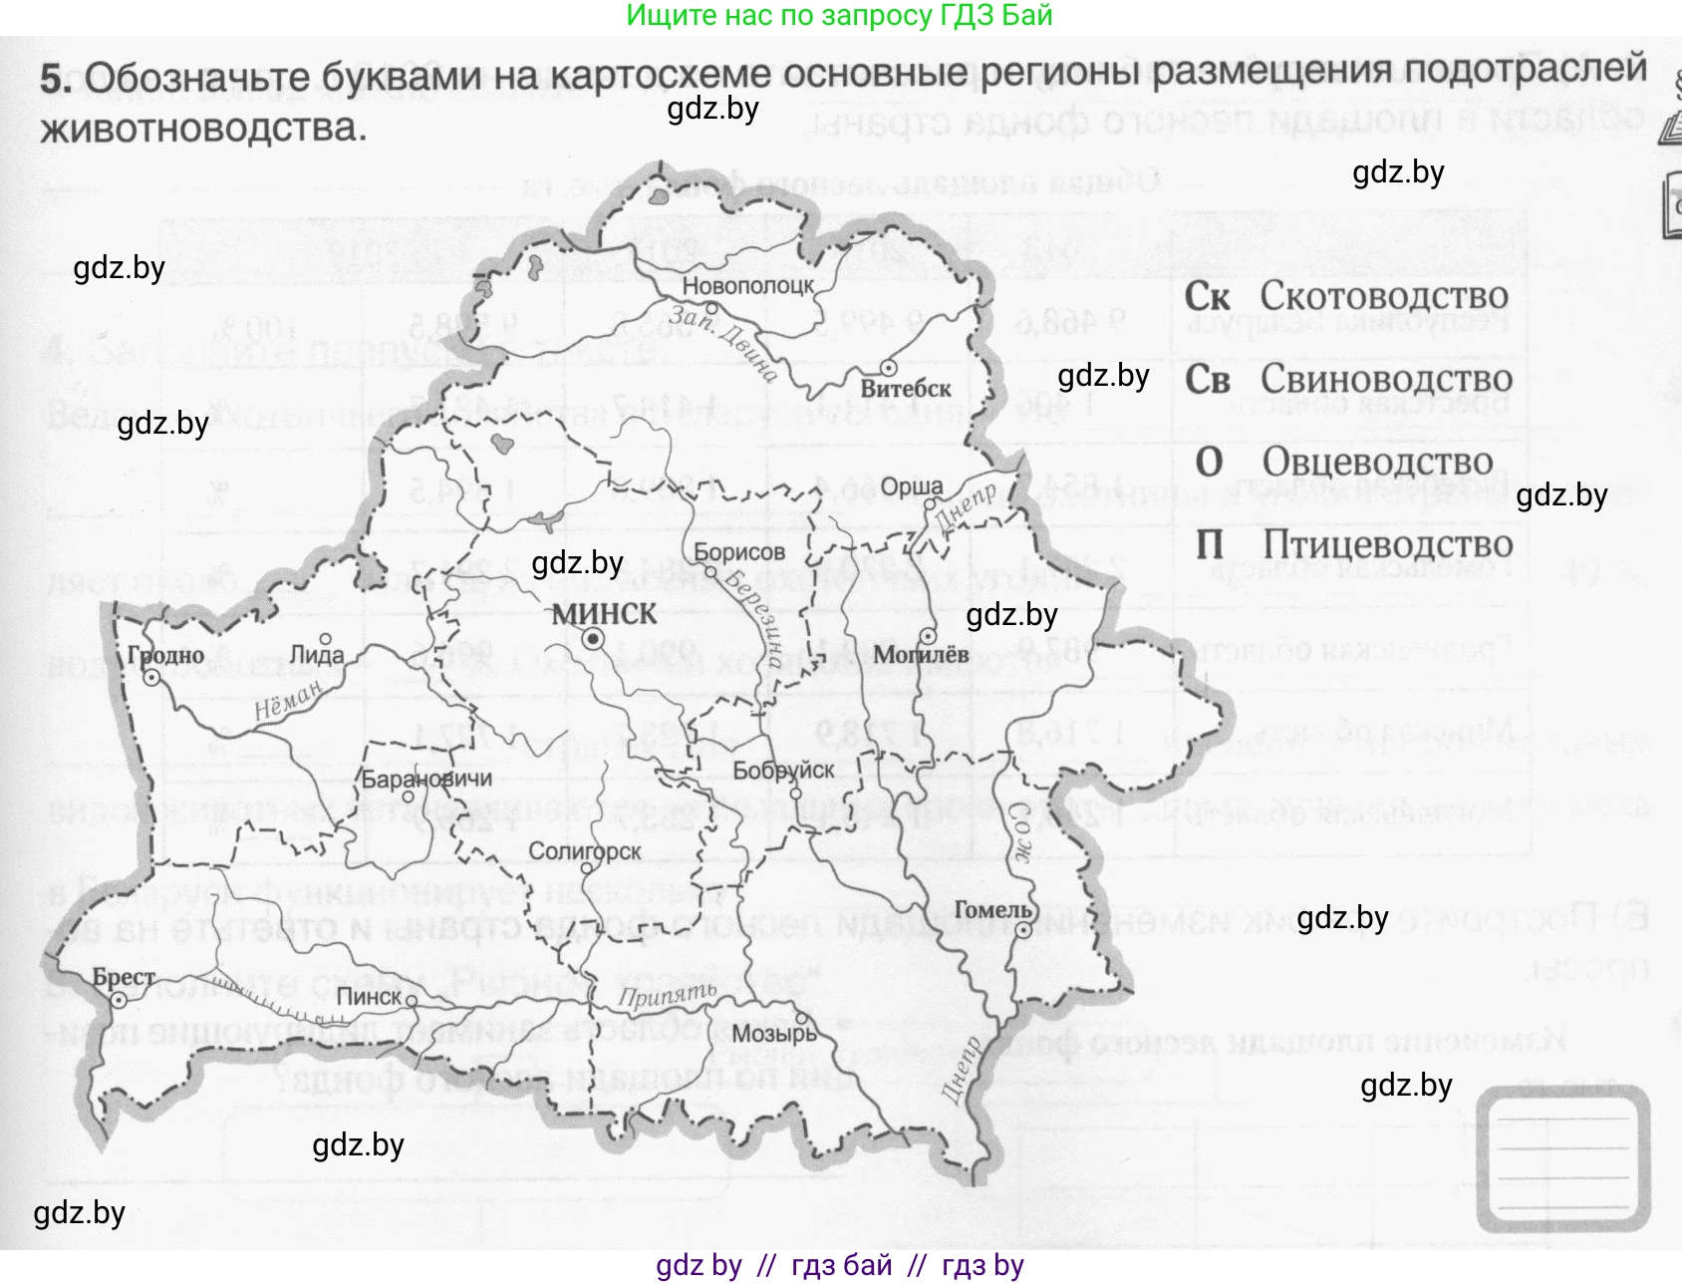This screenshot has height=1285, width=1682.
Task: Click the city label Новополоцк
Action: pyautogui.click(x=747, y=285)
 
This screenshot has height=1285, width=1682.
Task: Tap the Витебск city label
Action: pyautogui.click(x=906, y=389)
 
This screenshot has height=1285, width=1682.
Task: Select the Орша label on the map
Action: pyautogui.click(x=912, y=486)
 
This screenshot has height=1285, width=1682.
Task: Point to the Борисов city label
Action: pyautogui.click(x=739, y=552)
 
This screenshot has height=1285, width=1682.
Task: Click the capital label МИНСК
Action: pyautogui.click(x=605, y=614)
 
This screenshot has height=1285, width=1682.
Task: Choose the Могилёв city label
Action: pyautogui.click(x=922, y=655)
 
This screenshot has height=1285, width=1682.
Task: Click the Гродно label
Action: pyautogui.click(x=165, y=655)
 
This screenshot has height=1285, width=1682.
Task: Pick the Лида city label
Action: pyautogui.click(x=317, y=655)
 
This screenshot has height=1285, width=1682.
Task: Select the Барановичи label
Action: pyautogui.click(x=426, y=779)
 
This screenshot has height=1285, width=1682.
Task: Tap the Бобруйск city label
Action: pyautogui.click(x=783, y=771)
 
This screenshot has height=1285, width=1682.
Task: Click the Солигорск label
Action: pyautogui.click(x=585, y=851)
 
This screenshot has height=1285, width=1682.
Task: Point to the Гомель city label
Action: pyautogui.click(x=992, y=909)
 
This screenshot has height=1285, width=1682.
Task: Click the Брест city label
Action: pyautogui.click(x=124, y=977)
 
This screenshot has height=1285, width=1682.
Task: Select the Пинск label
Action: pyautogui.click(x=369, y=997)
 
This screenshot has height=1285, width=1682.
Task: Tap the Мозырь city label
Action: pyautogui.click(x=774, y=1034)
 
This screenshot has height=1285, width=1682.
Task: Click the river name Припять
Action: pyautogui.click(x=668, y=994)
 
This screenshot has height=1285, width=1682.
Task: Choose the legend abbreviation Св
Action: pyautogui.click(x=1208, y=380)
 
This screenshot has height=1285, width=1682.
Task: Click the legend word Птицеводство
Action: pyautogui.click(x=1388, y=544)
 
